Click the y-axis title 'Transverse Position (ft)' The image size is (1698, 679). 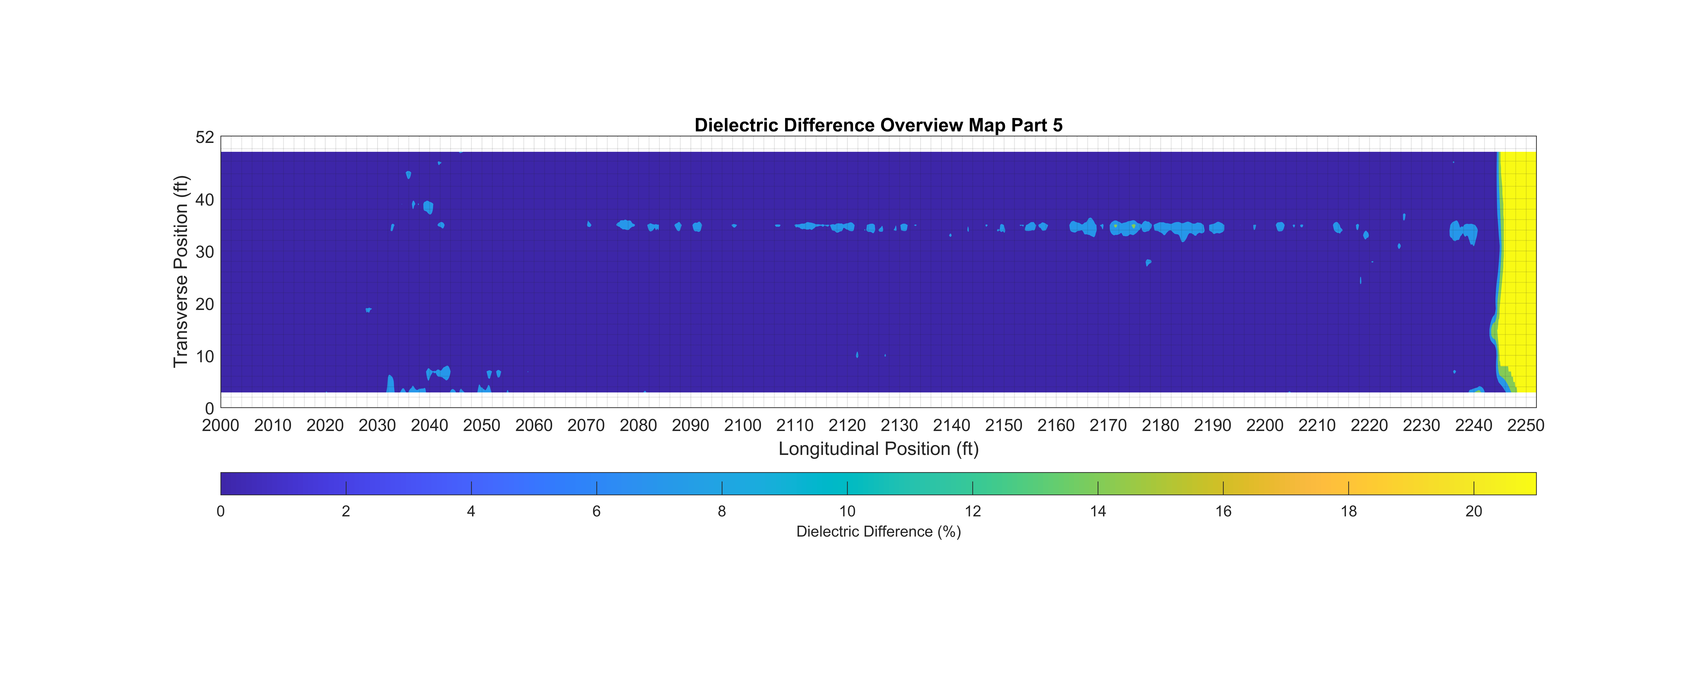pos(181,272)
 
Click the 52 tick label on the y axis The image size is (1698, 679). pos(205,137)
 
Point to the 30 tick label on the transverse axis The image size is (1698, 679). pos(205,252)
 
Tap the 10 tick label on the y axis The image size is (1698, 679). pos(205,357)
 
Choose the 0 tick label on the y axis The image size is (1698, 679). pos(210,409)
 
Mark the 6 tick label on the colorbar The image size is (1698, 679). pos(597,512)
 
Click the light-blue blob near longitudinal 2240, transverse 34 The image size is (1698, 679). pos(1463,232)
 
